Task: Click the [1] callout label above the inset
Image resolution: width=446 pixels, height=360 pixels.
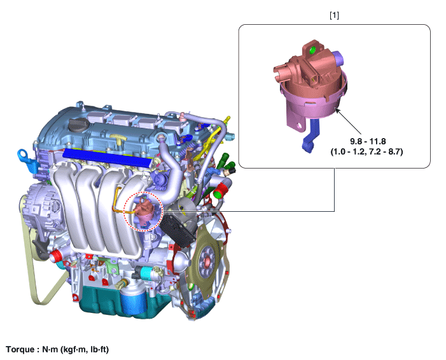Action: click(x=334, y=16)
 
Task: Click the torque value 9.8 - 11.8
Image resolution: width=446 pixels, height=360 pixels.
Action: click(x=368, y=141)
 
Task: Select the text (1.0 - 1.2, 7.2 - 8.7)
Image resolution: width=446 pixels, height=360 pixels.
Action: click(x=366, y=151)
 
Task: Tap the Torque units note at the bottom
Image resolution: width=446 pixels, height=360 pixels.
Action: click(x=57, y=349)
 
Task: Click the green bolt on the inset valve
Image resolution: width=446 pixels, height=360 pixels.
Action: click(x=312, y=50)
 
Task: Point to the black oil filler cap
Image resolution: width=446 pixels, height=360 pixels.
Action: click(x=78, y=125)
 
